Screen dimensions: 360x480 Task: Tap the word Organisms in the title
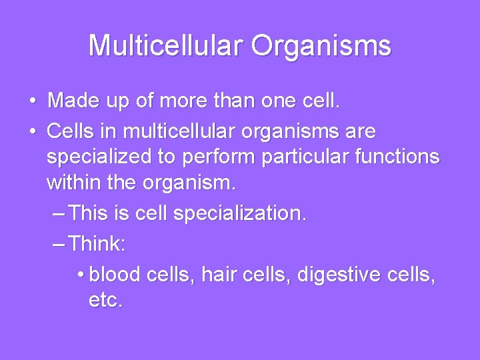(325, 45)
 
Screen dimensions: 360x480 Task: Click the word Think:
(97, 243)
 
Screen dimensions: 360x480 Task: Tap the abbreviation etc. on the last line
(105, 301)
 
